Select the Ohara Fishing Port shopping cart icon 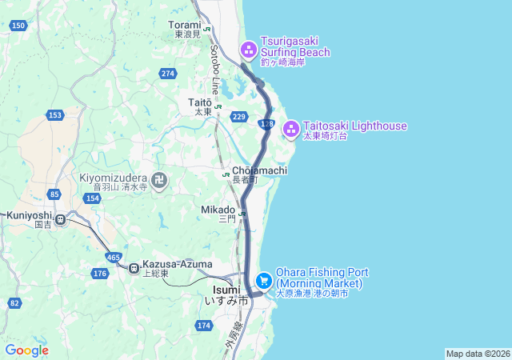(264, 280)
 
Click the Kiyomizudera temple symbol (159, 181)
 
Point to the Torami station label (185, 25)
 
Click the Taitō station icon (218, 106)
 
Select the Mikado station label (218, 210)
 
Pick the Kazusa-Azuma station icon (134, 266)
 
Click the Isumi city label (226, 290)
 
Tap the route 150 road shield (18, 26)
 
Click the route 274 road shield (167, 74)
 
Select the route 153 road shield (54, 115)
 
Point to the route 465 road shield (113, 257)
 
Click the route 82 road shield (14, 302)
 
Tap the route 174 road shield (204, 325)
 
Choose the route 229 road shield (238, 117)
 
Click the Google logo (26, 350)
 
